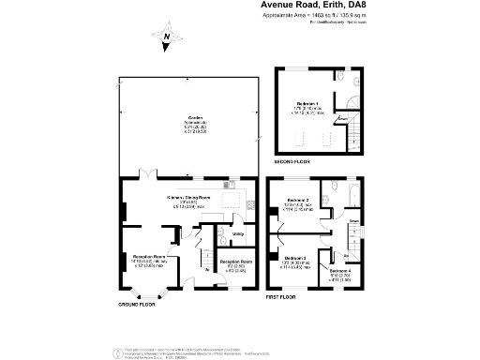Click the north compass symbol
[x=166, y=38]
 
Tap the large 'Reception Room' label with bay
[x=147, y=256]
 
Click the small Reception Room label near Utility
[x=235, y=262]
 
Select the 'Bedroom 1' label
[x=307, y=103]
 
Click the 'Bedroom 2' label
[x=298, y=201]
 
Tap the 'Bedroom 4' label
[x=340, y=272]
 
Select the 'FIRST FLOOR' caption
[x=282, y=295]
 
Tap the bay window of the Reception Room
[x=147, y=292]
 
